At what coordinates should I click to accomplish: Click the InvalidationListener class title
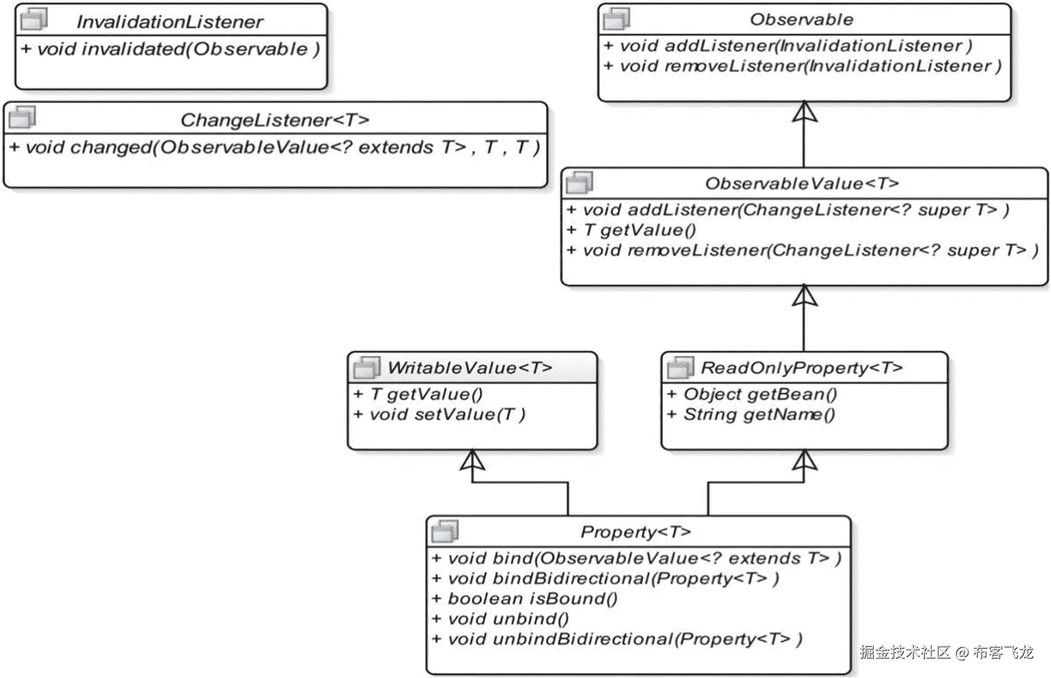tap(169, 22)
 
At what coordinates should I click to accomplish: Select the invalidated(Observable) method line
tap(170, 49)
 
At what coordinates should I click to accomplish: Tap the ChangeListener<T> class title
tap(275, 120)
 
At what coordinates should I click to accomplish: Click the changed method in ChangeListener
tap(274, 147)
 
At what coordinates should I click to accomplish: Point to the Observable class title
tap(801, 19)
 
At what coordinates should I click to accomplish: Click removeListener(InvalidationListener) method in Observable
tap(802, 66)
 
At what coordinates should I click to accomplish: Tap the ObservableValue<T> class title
tap(802, 183)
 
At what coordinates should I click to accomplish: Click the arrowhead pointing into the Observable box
tap(804, 112)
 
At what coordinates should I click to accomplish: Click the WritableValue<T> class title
tap(469, 368)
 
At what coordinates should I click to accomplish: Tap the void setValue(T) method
tap(439, 415)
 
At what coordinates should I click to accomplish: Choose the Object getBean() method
tap(752, 394)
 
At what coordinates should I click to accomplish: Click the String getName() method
tap(751, 415)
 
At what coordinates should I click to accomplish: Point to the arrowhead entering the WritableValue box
tap(473, 461)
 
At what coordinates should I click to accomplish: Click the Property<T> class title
tap(635, 532)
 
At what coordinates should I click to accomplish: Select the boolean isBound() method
tap(525, 599)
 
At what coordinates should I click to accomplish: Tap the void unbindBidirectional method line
tap(617, 639)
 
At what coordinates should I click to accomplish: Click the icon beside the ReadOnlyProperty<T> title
tap(680, 367)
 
